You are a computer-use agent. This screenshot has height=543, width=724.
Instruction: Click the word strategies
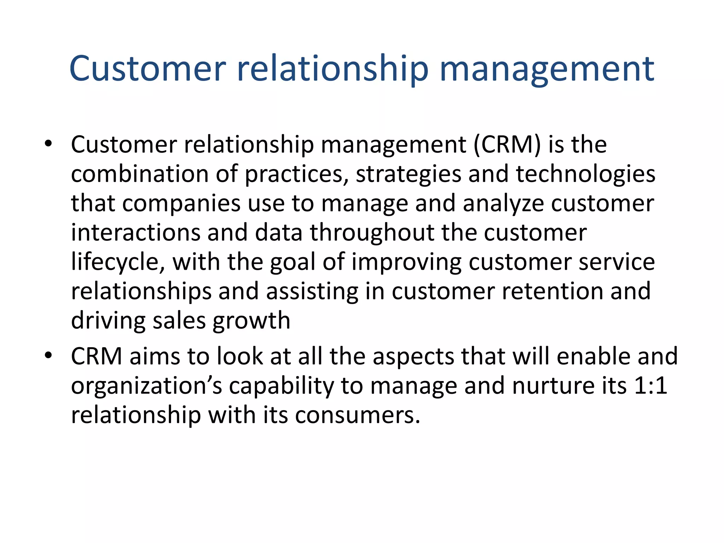coord(408,175)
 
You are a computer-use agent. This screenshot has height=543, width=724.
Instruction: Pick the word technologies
coord(585,175)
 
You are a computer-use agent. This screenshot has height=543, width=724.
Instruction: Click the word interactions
coord(136,233)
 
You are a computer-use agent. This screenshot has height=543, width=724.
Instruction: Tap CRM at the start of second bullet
coord(97,356)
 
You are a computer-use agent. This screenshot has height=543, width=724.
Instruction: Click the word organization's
coord(146,386)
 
